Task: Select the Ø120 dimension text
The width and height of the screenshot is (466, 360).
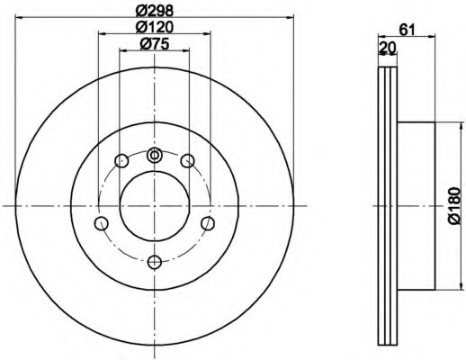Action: (x=154, y=28)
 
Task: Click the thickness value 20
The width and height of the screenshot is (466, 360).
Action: (x=389, y=49)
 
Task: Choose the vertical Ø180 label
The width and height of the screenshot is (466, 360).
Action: (x=454, y=206)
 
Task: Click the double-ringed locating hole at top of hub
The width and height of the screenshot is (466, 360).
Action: (x=154, y=156)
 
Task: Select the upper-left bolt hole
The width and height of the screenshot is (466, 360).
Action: (x=121, y=162)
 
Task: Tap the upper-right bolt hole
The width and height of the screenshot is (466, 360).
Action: (x=187, y=161)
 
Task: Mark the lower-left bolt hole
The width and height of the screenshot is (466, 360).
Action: (x=102, y=223)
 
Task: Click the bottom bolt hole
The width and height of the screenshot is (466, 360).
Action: (x=154, y=261)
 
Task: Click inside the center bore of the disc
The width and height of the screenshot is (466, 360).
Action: (x=154, y=207)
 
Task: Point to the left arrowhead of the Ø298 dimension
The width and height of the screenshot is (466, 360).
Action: (x=21, y=14)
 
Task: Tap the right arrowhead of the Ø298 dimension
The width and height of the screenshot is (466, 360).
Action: (x=289, y=14)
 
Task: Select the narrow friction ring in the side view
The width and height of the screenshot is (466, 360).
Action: (x=387, y=207)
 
